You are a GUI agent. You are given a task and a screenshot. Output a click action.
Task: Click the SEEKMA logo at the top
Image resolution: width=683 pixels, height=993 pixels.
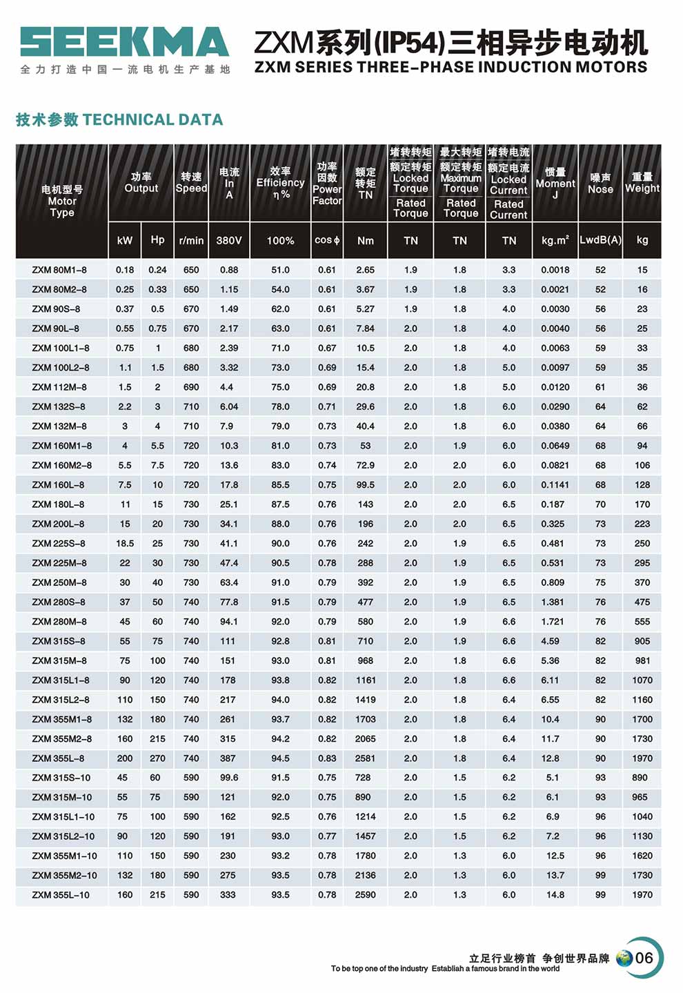pyautogui.click(x=124, y=42)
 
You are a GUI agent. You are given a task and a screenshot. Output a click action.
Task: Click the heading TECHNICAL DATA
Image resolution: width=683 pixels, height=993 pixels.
pyautogui.click(x=119, y=120)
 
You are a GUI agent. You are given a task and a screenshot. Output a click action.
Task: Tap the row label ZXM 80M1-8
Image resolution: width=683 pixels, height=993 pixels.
pyautogui.click(x=59, y=270)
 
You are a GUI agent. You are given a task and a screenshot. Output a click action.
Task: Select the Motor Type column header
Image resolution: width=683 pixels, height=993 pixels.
pyautogui.click(x=62, y=201)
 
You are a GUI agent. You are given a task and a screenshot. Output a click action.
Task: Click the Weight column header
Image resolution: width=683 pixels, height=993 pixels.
pyautogui.click(x=642, y=183)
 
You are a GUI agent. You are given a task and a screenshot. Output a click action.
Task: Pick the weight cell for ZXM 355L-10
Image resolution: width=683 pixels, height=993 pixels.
pyautogui.click(x=642, y=895)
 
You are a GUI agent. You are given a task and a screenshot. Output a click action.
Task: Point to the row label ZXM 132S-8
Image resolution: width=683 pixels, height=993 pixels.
pyautogui.click(x=59, y=406)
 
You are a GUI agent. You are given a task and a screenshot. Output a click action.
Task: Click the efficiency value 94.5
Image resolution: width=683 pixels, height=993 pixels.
pyautogui.click(x=280, y=758)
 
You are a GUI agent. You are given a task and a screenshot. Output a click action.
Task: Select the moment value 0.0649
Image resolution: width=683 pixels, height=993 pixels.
pyautogui.click(x=555, y=446)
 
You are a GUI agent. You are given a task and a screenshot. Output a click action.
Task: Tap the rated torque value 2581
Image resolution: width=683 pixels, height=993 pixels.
pyautogui.click(x=365, y=758)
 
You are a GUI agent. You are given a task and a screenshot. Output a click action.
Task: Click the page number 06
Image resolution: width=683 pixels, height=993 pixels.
pyautogui.click(x=644, y=958)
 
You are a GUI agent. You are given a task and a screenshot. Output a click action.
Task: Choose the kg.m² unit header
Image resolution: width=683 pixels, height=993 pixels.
pyautogui.click(x=555, y=241)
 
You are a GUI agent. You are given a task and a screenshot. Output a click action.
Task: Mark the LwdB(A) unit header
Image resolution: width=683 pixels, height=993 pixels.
pyautogui.click(x=600, y=241)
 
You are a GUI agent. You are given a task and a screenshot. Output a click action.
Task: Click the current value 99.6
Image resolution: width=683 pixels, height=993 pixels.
pyautogui.click(x=229, y=778)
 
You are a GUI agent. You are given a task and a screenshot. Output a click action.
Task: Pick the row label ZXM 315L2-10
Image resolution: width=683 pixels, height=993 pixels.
pyautogui.click(x=63, y=836)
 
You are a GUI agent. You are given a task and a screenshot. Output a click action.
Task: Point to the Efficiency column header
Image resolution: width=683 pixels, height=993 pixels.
pyautogui.click(x=280, y=183)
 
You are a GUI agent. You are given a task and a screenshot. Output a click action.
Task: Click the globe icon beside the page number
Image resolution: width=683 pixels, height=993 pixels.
pyautogui.click(x=624, y=958)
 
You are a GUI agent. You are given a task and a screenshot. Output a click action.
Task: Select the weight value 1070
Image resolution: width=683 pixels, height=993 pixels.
pyautogui.click(x=642, y=680)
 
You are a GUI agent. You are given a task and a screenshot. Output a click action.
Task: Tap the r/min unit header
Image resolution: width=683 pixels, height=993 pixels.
pyautogui.click(x=191, y=241)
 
